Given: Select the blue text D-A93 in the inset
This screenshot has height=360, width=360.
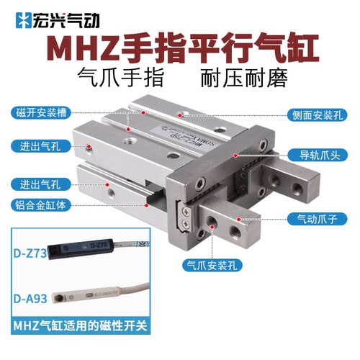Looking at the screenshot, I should point(30,294).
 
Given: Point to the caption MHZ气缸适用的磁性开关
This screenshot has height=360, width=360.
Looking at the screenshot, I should point(78,326).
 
